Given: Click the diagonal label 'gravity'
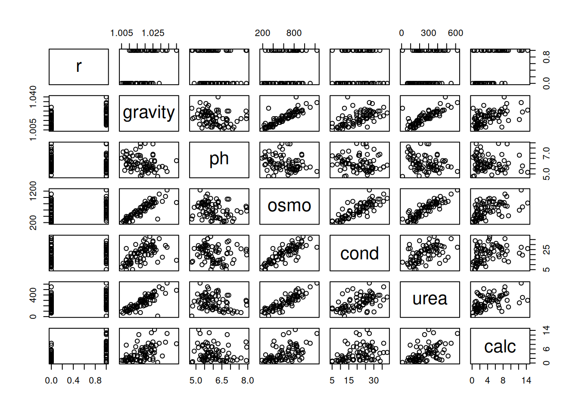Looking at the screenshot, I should [x=149, y=113].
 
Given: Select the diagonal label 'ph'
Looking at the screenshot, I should [x=219, y=159].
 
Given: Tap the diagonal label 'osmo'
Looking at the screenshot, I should [x=289, y=206].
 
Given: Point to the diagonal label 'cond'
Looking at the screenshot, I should [x=359, y=253].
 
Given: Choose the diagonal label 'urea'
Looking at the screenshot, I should [x=430, y=299].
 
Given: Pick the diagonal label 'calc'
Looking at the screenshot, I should [x=500, y=346].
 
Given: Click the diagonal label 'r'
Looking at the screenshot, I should [x=78, y=66].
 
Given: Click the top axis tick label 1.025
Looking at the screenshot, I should [x=153, y=33].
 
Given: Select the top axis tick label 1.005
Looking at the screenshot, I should [x=121, y=33].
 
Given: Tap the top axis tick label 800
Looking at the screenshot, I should [x=294, y=33].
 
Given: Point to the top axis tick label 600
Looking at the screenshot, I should [x=455, y=33].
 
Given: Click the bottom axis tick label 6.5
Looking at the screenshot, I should [x=222, y=380].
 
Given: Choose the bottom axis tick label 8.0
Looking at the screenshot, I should [x=247, y=380].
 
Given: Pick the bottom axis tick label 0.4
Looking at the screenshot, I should [x=73, y=380].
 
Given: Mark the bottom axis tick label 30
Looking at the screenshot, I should [x=374, y=380].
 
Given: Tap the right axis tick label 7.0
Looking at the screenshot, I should [x=546, y=153].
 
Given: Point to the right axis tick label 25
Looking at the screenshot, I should [x=546, y=250].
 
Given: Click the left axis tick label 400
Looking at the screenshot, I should [x=33, y=295].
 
